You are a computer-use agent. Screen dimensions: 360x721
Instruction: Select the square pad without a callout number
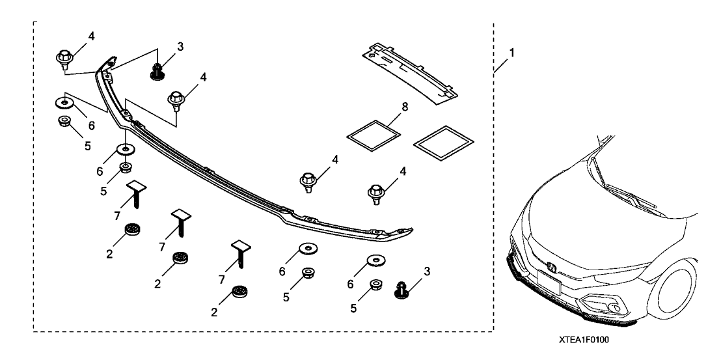click(x=442, y=143)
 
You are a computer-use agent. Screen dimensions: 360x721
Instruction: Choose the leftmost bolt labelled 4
click(x=64, y=59)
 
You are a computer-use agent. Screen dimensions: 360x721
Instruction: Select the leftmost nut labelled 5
click(x=64, y=121)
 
